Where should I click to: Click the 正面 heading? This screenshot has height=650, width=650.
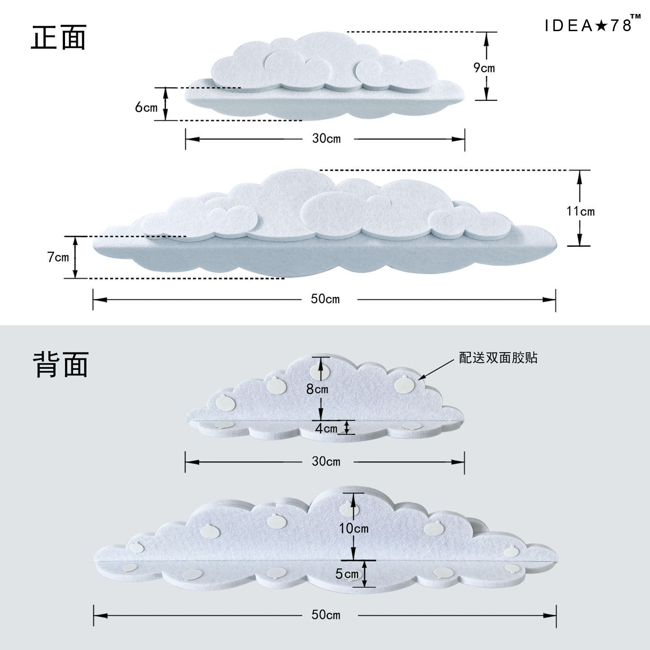tap(59, 37)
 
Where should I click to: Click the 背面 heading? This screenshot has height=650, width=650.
tap(60, 364)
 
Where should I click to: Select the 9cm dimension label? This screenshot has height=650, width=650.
tap(484, 68)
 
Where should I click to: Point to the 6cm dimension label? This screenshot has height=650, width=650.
tap(146, 107)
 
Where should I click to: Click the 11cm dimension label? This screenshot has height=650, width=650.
tap(580, 211)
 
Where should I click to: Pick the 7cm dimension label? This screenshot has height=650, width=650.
tap(58, 257)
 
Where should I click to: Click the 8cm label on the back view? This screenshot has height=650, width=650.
tap(317, 388)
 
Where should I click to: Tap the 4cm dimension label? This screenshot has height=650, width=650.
tap(326, 428)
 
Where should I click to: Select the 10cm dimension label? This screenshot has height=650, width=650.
tap(354, 528)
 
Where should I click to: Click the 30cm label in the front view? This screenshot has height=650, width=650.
tap(326, 138)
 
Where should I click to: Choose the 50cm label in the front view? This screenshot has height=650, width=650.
tap(325, 299)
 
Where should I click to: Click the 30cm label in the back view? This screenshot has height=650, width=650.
tap(326, 461)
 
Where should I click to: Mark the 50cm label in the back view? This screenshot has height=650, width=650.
tap(326, 614)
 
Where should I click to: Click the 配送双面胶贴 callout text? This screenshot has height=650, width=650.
tap(498, 358)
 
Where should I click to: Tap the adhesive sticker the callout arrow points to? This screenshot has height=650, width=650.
tap(401, 384)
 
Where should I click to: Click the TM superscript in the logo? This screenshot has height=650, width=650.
tap(636, 17)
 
